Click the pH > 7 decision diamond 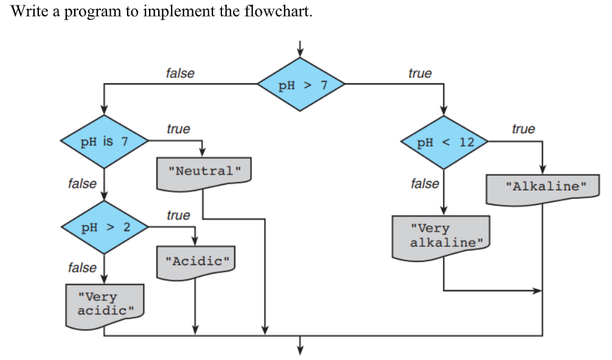pyautogui.click(x=302, y=85)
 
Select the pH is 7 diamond pyautogui.click(x=104, y=142)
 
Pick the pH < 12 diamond pyautogui.click(x=445, y=143)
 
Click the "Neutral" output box pyautogui.click(x=204, y=171)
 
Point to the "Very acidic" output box pyautogui.click(x=105, y=305)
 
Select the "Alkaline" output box pyautogui.click(x=542, y=186)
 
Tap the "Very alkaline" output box pyautogui.click(x=442, y=236)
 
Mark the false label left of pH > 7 pyautogui.click(x=180, y=73)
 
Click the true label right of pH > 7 pyautogui.click(x=420, y=73)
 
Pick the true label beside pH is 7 pyautogui.click(x=178, y=129)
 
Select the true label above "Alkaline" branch pyautogui.click(x=523, y=128)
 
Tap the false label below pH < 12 pyautogui.click(x=425, y=183)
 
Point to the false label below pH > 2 pyautogui.click(x=82, y=268)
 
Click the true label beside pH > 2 pyautogui.click(x=178, y=215)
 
